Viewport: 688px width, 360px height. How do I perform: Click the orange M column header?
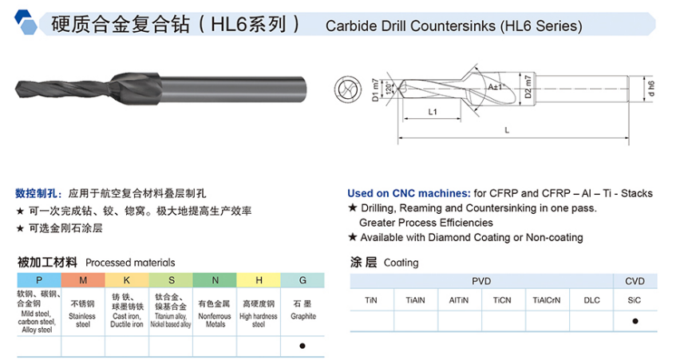(x=83, y=280)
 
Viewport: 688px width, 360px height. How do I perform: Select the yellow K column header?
(x=127, y=280)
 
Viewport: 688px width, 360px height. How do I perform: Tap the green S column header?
(x=171, y=280)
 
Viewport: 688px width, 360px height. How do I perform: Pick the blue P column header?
(x=39, y=280)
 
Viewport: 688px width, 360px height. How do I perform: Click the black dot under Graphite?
(x=302, y=346)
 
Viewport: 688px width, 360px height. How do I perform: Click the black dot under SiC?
(x=635, y=321)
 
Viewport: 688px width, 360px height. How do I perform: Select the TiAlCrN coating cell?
(x=548, y=299)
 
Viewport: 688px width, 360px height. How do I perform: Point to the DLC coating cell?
(x=591, y=299)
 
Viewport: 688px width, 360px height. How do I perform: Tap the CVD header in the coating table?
(x=635, y=281)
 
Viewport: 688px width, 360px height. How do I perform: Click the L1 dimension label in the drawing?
(x=431, y=113)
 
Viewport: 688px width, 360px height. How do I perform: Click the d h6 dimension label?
(x=650, y=87)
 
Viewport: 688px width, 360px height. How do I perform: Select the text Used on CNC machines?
(x=408, y=193)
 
